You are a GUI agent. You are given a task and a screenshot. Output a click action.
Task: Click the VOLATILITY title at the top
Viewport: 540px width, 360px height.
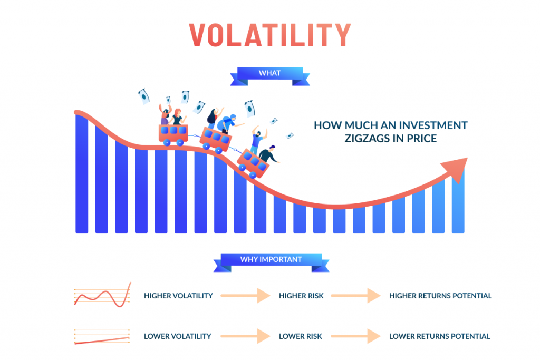[x=270, y=35]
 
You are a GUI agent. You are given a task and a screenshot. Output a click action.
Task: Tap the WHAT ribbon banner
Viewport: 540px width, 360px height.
[x=270, y=76]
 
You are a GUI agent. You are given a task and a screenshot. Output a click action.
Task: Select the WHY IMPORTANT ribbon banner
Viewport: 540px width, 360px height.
[x=271, y=262]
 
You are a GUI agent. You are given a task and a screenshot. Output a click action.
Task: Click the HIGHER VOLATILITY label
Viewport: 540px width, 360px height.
[x=178, y=296]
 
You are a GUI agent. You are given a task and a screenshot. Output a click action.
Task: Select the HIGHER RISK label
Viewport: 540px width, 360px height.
[x=301, y=296]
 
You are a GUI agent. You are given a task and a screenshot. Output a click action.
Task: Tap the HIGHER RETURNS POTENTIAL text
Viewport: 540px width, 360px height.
[x=440, y=296]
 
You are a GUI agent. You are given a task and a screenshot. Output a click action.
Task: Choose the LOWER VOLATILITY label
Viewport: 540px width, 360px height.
[x=178, y=336]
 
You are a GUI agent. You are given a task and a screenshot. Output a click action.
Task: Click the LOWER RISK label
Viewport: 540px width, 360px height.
[x=300, y=336]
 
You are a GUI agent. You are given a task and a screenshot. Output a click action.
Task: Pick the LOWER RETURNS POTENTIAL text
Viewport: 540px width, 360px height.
[x=439, y=336]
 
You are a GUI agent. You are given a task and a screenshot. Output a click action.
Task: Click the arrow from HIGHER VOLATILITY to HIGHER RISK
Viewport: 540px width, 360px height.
[x=246, y=296]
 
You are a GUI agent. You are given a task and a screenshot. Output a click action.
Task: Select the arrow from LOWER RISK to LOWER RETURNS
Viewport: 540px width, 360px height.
[x=356, y=336]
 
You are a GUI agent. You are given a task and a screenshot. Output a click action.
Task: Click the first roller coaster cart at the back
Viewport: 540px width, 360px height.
[x=173, y=134]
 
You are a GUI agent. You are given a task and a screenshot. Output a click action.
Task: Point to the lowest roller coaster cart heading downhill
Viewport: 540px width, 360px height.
[x=254, y=163]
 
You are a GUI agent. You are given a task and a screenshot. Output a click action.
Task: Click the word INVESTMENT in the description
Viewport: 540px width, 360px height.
[x=435, y=125]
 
